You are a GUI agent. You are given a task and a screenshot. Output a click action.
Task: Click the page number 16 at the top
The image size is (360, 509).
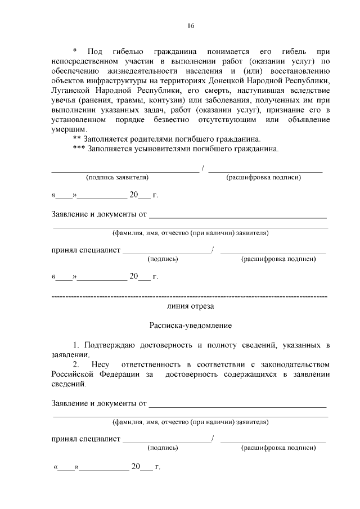(x=190, y=25)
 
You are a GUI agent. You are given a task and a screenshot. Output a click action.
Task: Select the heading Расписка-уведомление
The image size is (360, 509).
(x=190, y=325)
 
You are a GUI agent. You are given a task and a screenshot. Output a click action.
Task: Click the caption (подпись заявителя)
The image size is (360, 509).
(x=116, y=177)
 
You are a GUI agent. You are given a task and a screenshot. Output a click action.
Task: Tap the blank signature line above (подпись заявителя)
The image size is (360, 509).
(x=125, y=170)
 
